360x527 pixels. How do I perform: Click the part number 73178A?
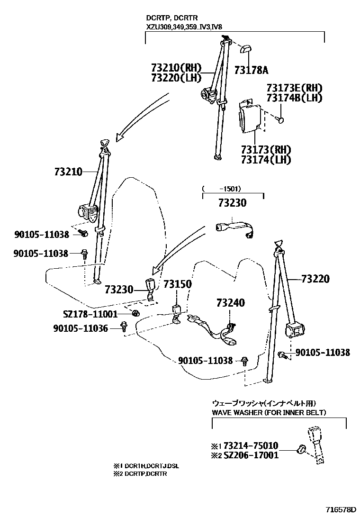click(x=251, y=71)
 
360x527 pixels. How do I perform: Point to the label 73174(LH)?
click(x=265, y=160)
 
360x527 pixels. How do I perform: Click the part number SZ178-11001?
click(x=90, y=314)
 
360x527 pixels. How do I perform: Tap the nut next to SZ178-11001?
click(x=135, y=313)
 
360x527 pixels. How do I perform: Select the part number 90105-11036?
click(x=81, y=328)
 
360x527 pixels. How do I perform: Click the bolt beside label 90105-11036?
click(x=124, y=327)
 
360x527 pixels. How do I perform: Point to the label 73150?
click(x=178, y=284)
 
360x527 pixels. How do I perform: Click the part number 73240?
click(x=231, y=302)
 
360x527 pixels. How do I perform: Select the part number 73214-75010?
click(x=251, y=445)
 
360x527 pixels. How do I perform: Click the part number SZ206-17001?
click(x=251, y=455)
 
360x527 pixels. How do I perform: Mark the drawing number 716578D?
click(x=340, y=510)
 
